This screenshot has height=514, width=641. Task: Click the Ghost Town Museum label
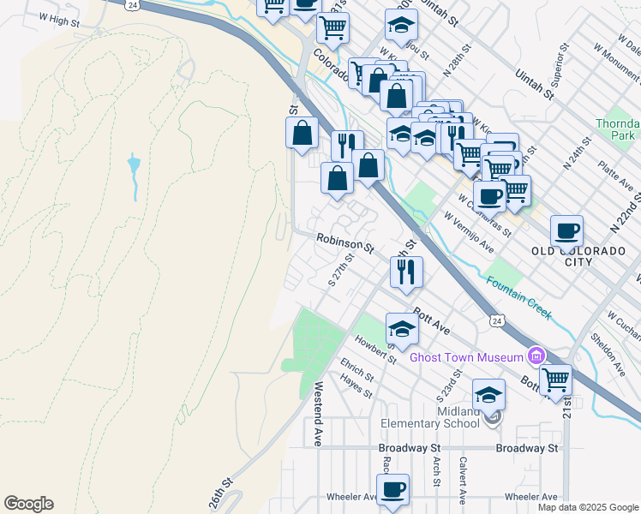tap(466, 357)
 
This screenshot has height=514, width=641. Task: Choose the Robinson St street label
tap(345, 243)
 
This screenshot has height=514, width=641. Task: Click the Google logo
tap(28, 504)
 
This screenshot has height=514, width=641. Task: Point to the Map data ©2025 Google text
tap(588, 507)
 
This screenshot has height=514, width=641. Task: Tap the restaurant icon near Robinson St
tap(406, 272)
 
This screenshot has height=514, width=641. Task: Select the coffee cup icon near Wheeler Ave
tap(392, 489)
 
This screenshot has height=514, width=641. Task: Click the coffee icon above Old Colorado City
tap(566, 230)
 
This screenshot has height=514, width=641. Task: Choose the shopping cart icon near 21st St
tap(556, 378)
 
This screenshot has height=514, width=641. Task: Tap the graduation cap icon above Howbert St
tap(402, 327)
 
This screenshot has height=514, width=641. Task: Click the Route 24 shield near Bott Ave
tap(497, 320)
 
